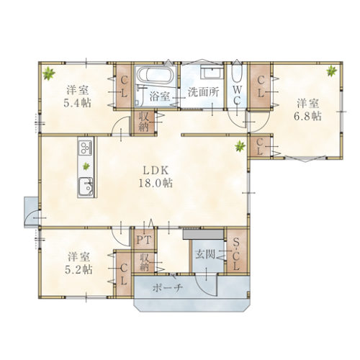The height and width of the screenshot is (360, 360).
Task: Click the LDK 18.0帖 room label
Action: tap(156, 177)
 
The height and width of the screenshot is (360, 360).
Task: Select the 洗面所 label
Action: tap(203, 92)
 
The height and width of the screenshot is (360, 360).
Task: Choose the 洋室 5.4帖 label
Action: tap(77, 97)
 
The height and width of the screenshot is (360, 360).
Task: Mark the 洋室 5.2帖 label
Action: tap(78, 264)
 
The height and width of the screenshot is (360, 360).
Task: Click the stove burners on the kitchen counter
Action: tap(86, 147)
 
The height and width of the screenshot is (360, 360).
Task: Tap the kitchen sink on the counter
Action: tap(86, 187)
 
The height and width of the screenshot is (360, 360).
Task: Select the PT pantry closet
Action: tap(144, 239)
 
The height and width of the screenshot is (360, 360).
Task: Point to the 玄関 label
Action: tap(205, 254)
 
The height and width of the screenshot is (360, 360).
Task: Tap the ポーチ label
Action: tap(168, 288)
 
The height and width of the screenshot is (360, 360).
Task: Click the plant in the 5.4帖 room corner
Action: tap(49, 73)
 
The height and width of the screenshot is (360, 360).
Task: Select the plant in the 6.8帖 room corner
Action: tap(332, 71)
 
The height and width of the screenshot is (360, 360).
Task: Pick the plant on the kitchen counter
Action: tap(86, 166)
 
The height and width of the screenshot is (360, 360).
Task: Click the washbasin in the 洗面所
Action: tap(212, 71)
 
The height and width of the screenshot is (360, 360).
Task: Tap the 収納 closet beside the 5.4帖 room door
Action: tap(145, 122)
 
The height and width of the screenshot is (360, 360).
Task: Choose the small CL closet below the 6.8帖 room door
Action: tap(260, 146)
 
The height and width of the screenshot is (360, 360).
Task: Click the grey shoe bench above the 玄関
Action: tap(203, 234)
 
